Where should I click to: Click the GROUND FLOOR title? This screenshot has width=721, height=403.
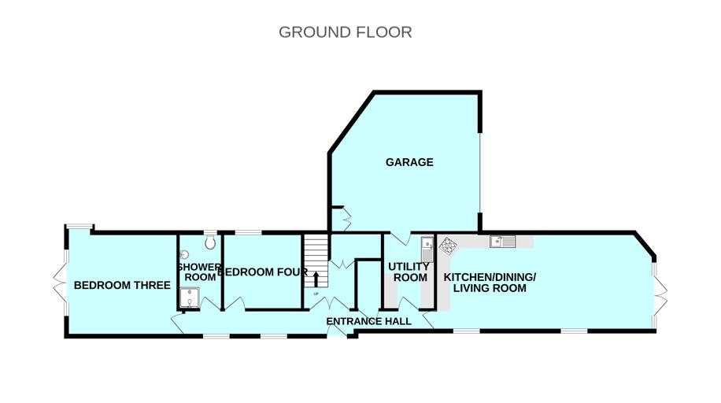[346, 32]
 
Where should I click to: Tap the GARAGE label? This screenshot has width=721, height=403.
[409, 162]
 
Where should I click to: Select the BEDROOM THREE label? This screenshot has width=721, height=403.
[122, 285]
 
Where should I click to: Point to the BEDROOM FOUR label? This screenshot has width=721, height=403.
[262, 272]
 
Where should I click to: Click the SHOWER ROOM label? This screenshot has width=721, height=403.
[200, 272]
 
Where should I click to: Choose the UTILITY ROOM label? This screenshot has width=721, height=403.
[409, 272]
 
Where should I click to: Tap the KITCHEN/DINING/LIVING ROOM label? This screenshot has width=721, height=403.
[490, 283]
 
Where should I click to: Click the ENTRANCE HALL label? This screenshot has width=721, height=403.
[369, 321]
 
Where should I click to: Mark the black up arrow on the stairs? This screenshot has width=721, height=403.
[316, 279]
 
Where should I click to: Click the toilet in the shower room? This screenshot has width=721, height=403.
[210, 242]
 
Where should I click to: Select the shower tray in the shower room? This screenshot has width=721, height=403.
[190, 298]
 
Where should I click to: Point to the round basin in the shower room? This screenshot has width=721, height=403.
[184, 254]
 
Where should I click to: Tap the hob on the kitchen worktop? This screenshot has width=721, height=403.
[447, 246]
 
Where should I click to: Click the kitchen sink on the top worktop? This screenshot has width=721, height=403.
[502, 241]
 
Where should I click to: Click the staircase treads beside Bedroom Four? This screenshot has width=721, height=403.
[316, 261]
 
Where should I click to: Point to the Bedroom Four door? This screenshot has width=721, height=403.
[235, 304]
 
